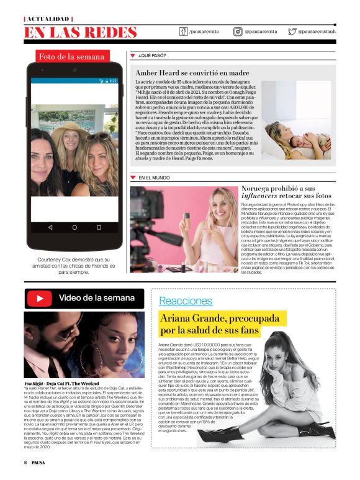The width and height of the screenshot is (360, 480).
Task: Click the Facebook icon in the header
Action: [184, 31]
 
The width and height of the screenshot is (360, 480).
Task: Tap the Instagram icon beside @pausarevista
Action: [238, 31]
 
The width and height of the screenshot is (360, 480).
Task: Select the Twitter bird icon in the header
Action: [292, 31]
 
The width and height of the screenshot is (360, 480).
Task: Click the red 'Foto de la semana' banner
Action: [71, 57]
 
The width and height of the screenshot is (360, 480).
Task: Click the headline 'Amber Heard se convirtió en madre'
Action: [192, 73]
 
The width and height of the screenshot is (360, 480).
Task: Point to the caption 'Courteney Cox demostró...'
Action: [73, 263]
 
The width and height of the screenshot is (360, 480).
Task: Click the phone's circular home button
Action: [74, 227]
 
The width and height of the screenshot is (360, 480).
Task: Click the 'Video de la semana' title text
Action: [96, 298]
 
